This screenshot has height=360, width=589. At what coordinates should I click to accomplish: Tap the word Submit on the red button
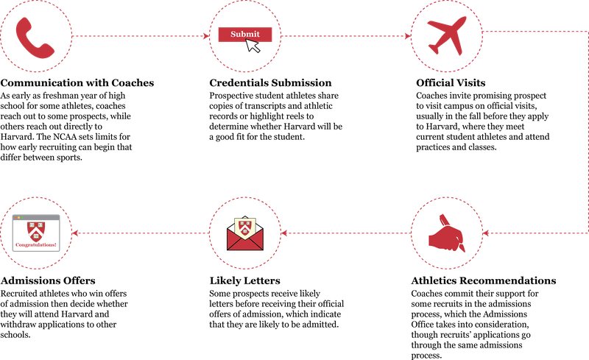[244, 34]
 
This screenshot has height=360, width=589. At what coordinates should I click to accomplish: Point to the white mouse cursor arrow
[253, 46]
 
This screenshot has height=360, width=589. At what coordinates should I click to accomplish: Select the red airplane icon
[447, 35]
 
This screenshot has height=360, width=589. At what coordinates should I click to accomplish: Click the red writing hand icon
[446, 234]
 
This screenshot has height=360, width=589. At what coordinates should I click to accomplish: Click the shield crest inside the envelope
[245, 225]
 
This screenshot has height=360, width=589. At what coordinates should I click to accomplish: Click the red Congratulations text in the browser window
[35, 244]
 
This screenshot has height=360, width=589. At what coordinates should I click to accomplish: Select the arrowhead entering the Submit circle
[206, 35]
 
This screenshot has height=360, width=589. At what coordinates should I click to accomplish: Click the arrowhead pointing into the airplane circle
[407, 35]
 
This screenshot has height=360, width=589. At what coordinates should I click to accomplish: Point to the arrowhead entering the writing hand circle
[486, 233]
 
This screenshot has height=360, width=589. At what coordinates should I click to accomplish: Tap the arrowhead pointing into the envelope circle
[285, 233]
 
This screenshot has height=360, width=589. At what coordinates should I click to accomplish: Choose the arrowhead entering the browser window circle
[75, 233]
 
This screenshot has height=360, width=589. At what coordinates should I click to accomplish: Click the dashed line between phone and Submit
[140, 35]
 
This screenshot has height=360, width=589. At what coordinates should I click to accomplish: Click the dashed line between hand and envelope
[346, 233]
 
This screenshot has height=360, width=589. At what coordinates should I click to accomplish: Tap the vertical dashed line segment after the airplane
[587, 133]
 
